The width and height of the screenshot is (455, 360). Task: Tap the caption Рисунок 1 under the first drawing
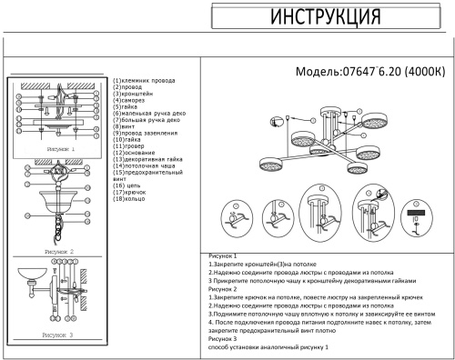click(59, 146)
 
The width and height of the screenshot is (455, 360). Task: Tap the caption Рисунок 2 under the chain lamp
click(59, 251)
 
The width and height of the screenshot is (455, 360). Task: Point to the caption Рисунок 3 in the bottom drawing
click(59, 336)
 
